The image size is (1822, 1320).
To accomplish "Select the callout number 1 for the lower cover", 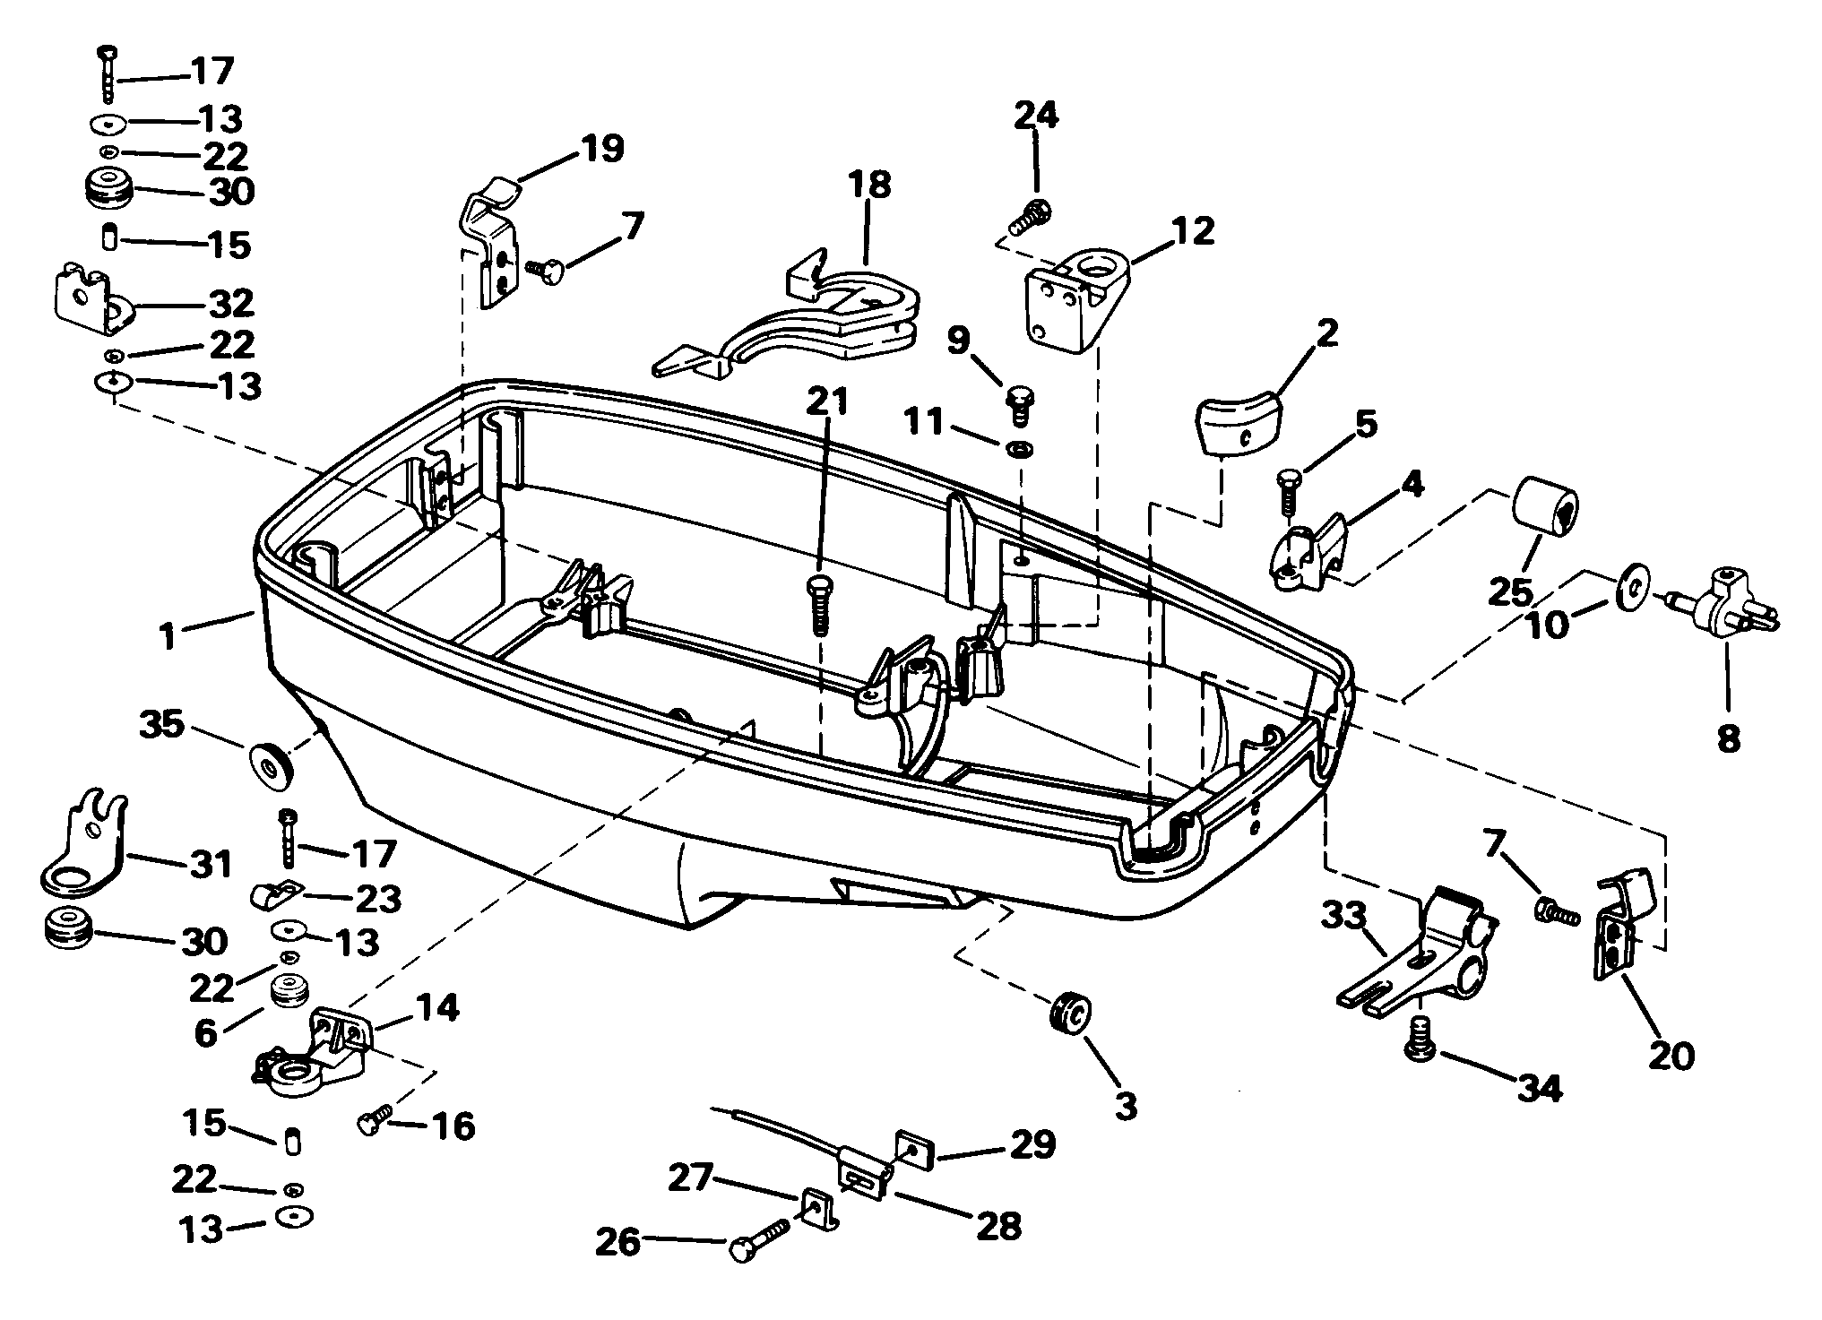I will coord(167,637).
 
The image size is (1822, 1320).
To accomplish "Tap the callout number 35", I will coord(161,724).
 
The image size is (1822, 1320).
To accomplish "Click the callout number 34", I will coord(1539,1088).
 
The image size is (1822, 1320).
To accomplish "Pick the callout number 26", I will coord(618,1243).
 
